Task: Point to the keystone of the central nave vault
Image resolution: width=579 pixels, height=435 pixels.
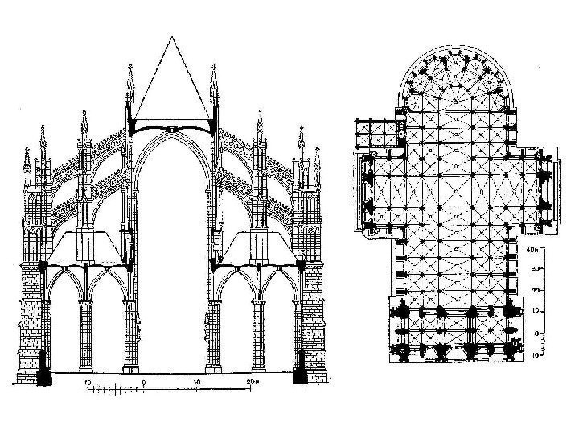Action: click(x=172, y=128)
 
